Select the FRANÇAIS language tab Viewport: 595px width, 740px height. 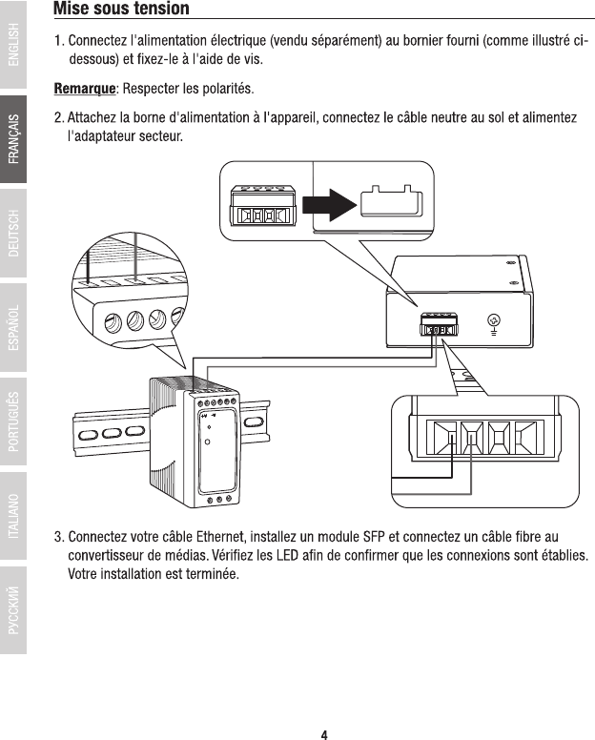tap(13, 139)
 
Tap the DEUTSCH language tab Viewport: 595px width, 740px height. tap(13, 234)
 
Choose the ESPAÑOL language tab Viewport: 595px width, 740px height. tap(13, 328)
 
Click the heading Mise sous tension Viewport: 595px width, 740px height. tap(121, 10)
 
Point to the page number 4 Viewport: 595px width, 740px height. tap(324, 734)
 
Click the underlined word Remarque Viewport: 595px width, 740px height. tap(84, 90)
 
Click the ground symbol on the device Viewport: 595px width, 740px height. tap(494, 323)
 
